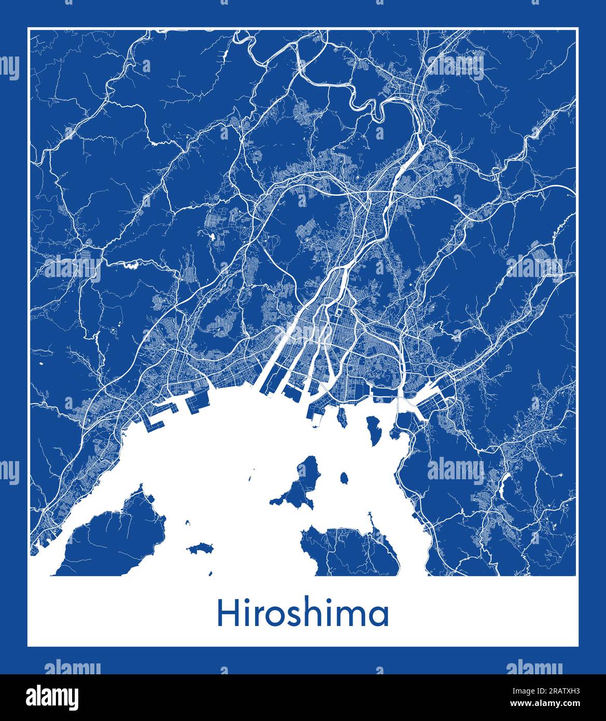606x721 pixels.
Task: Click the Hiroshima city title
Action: click(x=303, y=614)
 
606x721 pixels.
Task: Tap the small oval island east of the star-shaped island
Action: click(x=344, y=477)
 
